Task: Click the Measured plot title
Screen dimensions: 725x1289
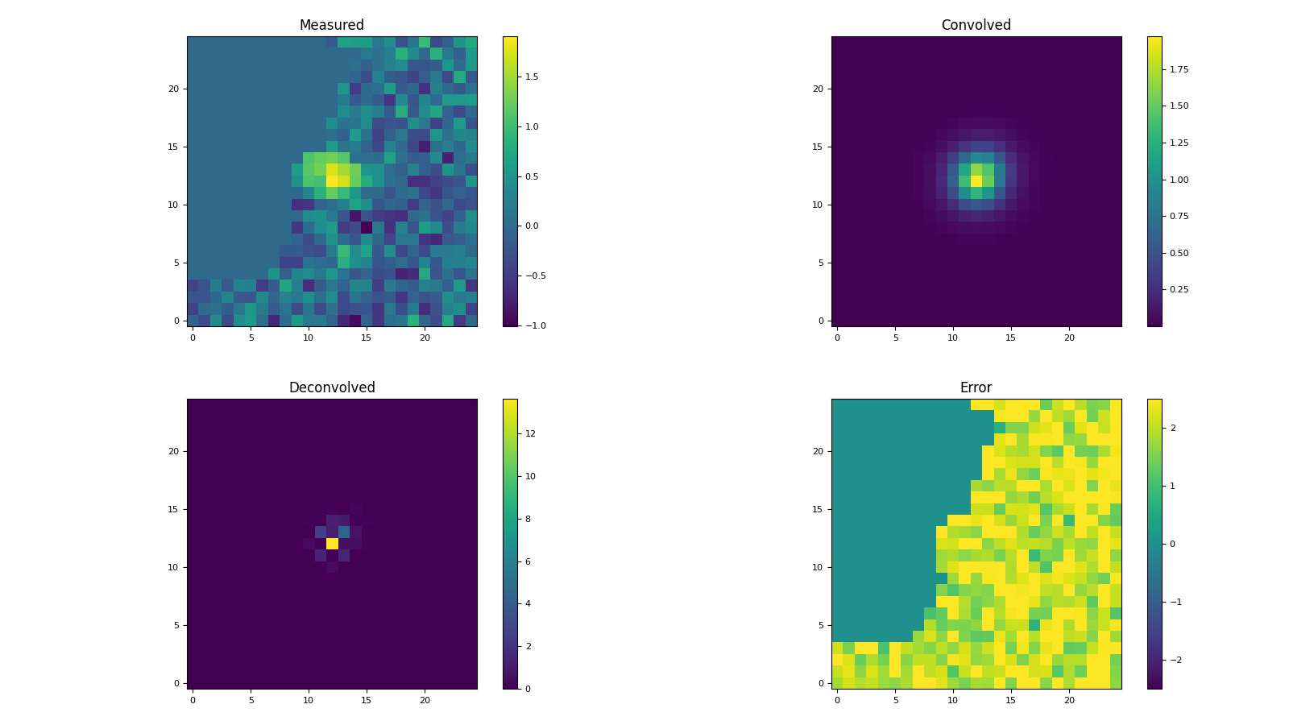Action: tap(331, 25)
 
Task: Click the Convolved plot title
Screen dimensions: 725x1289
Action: tap(976, 25)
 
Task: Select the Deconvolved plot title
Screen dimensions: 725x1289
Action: tap(331, 387)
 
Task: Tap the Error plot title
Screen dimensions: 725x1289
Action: tap(976, 387)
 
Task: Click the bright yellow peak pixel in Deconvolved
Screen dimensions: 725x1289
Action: tap(332, 544)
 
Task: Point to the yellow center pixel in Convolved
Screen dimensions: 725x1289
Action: tap(976, 181)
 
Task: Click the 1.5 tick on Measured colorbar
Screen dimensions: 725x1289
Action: tap(531, 77)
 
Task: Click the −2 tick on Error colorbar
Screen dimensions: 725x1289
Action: tap(1175, 660)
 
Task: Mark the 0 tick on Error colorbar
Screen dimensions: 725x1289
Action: tap(1172, 544)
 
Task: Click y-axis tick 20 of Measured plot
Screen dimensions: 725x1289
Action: tap(177, 89)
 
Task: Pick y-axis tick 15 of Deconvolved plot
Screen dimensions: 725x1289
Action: tap(177, 509)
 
